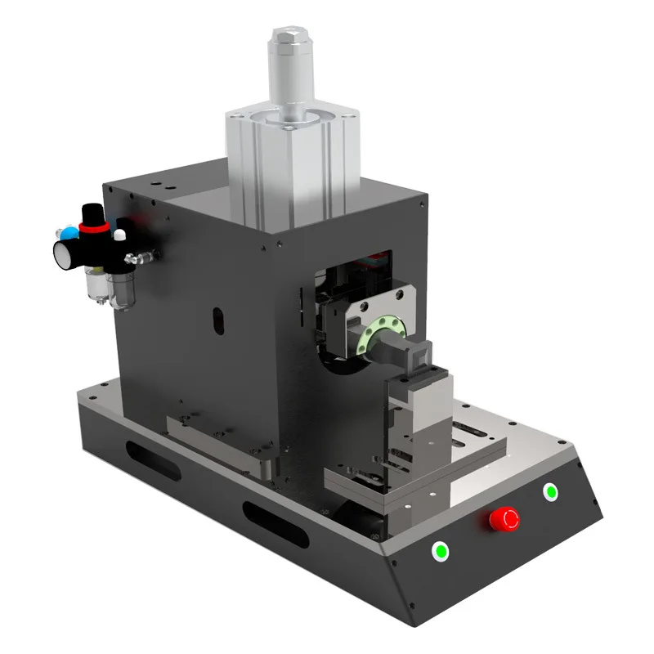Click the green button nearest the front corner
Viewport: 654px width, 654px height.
click(x=441, y=551)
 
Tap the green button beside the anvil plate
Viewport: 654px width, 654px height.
click(x=551, y=491)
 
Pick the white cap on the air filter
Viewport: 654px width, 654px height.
click(x=120, y=235)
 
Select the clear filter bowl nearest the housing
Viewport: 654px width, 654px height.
click(x=122, y=288)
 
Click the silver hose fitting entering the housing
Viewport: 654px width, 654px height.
click(x=144, y=258)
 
